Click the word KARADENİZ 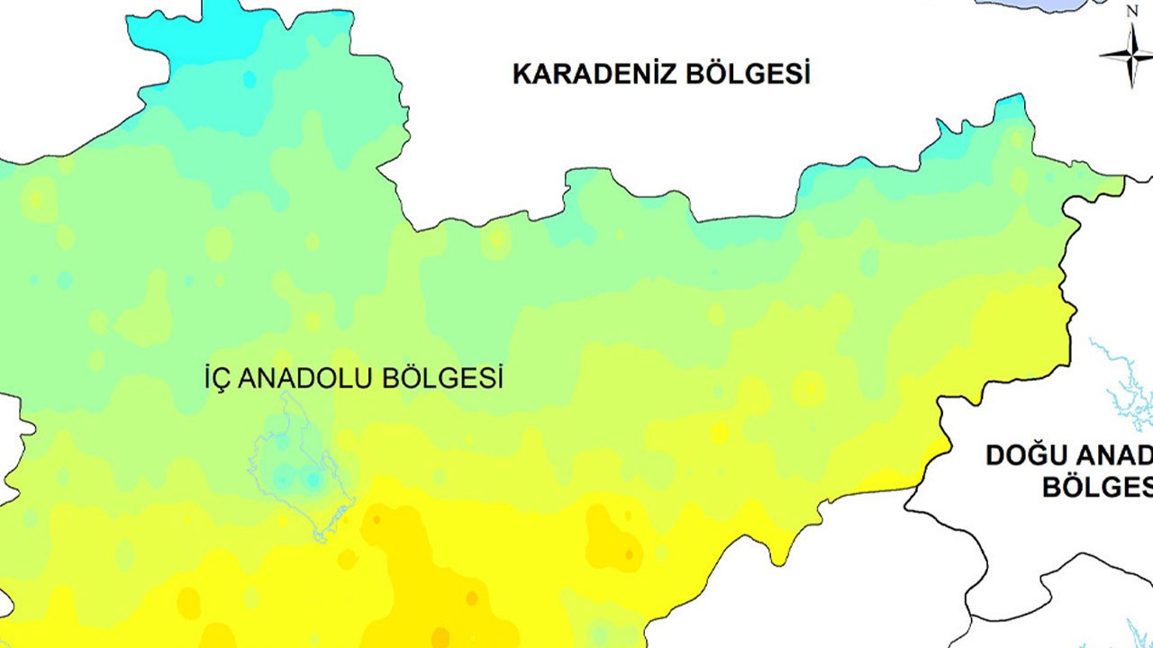coord(595,74)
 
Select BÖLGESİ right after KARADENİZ coord(748,74)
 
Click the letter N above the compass coord(1132,12)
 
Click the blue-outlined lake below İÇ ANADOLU coord(297,468)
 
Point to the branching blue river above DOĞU coord(1121,378)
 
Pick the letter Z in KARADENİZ coord(667,74)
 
